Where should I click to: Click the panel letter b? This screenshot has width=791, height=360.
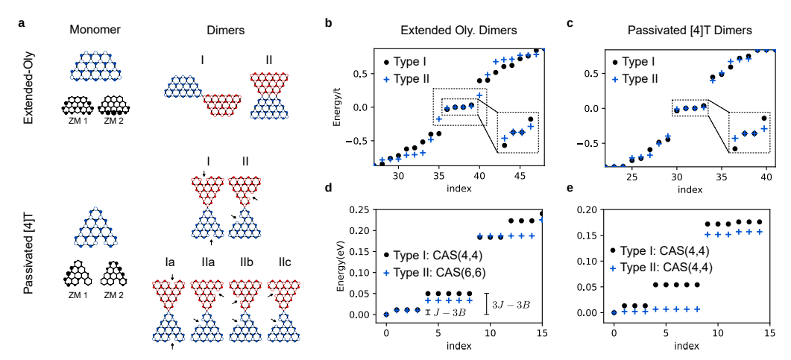pos(329,23)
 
